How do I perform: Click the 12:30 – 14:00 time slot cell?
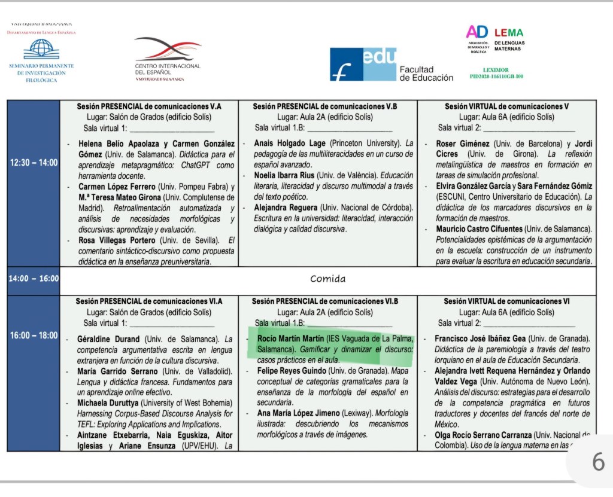(x=33, y=162)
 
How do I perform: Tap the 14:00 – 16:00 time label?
(x=33, y=279)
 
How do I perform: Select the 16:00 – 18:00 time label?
(x=33, y=336)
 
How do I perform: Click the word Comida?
(x=327, y=279)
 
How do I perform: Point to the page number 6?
(x=598, y=462)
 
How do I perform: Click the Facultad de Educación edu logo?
(x=363, y=64)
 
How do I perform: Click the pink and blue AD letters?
(x=477, y=32)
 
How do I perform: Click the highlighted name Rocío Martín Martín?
(x=291, y=338)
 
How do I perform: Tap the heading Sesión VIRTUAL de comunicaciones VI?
(x=506, y=301)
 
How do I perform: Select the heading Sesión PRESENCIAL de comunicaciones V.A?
(x=149, y=106)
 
